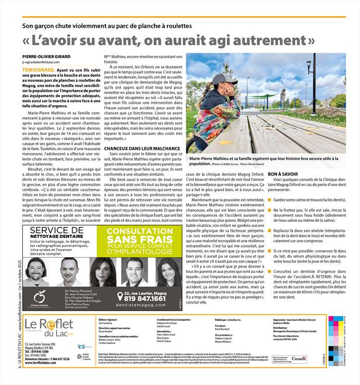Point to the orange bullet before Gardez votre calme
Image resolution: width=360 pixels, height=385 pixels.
pos(270,199)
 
